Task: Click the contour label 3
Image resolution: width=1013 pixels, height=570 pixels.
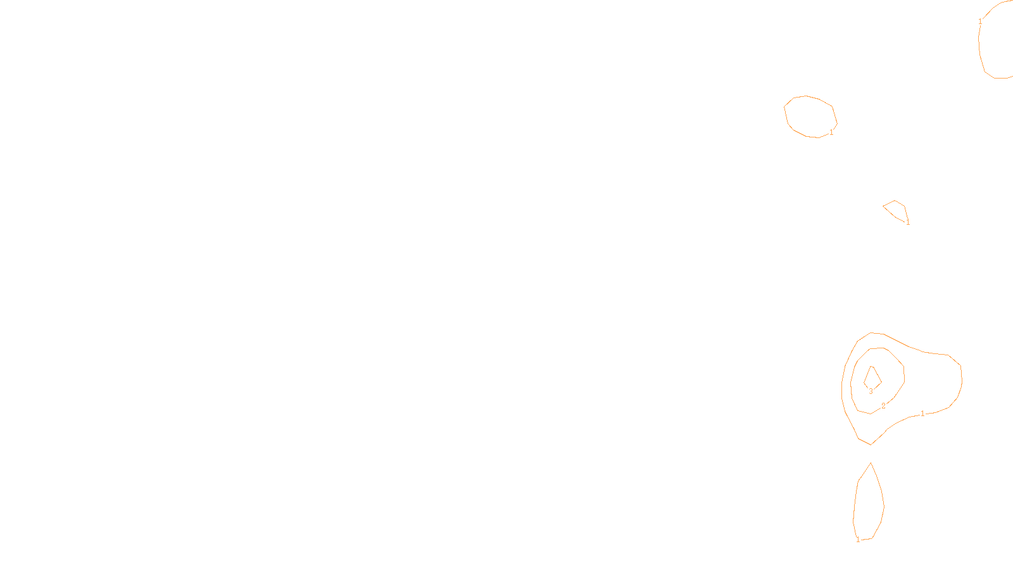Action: pos(871,391)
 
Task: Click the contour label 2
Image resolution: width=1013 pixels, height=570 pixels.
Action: pos(883,406)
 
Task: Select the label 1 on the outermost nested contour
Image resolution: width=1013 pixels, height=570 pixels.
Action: pos(922,414)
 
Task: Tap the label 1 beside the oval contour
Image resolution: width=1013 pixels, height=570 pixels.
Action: pos(831,132)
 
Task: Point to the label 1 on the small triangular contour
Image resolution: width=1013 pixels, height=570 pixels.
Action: pos(908,222)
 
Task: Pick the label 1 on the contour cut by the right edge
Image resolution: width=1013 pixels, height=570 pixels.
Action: pos(980,22)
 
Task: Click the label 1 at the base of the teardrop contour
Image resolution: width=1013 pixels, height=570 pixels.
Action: pos(858,540)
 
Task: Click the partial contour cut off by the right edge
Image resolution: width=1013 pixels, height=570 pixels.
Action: pos(979,44)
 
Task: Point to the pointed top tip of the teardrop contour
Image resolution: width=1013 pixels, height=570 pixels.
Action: pos(871,463)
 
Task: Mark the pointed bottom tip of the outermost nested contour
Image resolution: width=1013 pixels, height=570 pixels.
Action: pos(871,444)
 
